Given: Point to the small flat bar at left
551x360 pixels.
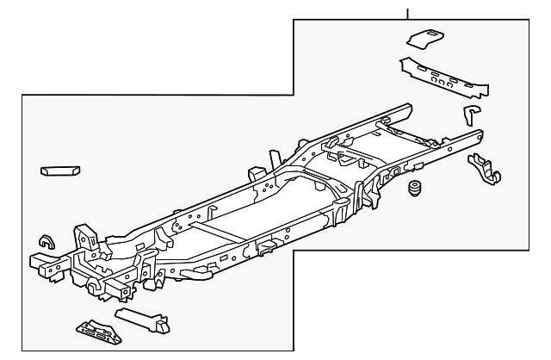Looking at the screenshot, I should [60, 171].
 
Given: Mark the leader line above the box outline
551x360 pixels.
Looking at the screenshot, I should [408, 12].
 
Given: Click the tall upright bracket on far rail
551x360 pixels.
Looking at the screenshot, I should [274, 160].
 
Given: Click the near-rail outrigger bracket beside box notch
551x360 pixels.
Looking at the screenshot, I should [263, 249].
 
